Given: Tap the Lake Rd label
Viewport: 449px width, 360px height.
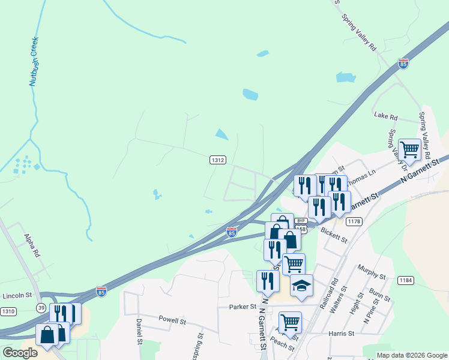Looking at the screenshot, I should tap(385, 116).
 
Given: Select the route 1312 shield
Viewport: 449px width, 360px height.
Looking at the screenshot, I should tap(217, 160).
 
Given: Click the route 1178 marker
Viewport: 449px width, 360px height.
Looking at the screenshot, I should tap(354, 222).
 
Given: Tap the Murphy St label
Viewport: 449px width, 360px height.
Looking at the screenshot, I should tap(371, 272).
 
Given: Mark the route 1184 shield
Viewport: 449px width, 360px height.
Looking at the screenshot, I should tap(406, 280).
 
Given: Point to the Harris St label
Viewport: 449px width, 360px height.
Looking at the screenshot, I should tap(342, 333).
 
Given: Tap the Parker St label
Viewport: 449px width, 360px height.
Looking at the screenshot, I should tap(243, 307).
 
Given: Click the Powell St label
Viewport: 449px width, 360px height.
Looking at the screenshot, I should tap(172, 320).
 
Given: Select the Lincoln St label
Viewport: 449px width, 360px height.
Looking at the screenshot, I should tap(17, 295).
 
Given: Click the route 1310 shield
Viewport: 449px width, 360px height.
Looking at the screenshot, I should tap(9, 311).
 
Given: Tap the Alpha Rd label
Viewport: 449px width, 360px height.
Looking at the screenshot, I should tap(31, 246).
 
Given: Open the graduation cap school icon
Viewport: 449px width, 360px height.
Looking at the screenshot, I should tap(301, 285).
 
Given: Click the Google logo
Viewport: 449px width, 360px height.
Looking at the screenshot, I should tap(20, 353).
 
